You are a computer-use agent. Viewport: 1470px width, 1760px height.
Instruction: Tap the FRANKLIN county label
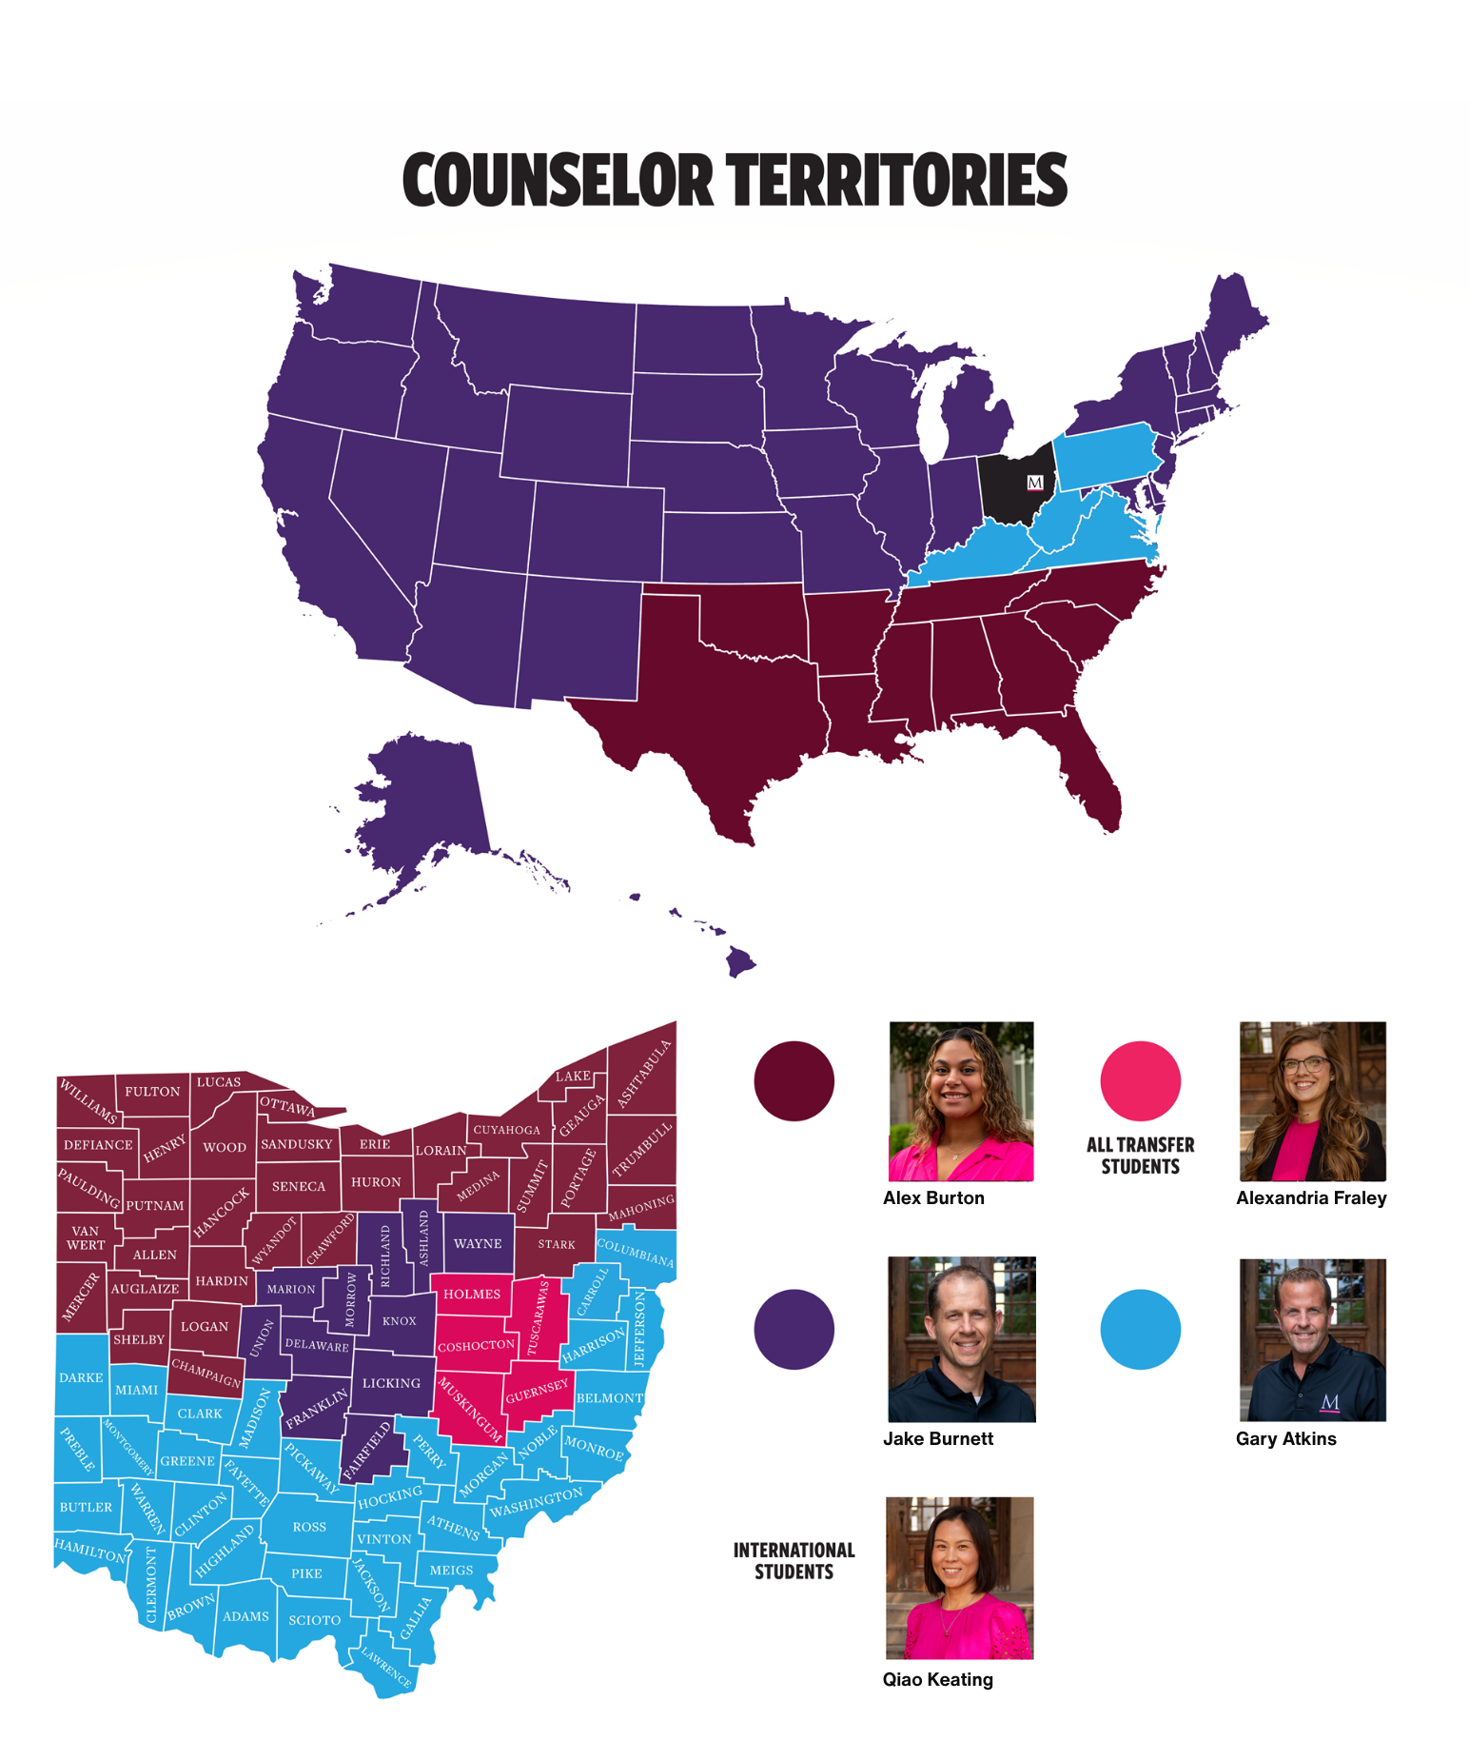click(x=317, y=1408)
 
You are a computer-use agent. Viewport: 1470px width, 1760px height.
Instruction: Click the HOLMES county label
click(x=472, y=1294)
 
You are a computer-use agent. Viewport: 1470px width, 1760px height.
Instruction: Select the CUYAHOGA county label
click(x=507, y=1130)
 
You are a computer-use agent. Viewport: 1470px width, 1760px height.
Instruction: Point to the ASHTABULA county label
click(x=644, y=1074)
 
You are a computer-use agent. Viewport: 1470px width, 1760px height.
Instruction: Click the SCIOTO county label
click(x=314, y=1619)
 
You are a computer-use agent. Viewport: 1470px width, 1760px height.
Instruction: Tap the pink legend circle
click(x=1140, y=1081)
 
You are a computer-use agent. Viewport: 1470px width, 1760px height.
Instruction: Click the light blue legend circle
click(x=1140, y=1329)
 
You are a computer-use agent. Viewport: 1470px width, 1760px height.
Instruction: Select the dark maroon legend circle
click(x=794, y=1081)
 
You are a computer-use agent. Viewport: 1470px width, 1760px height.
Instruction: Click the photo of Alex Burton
click(x=961, y=1101)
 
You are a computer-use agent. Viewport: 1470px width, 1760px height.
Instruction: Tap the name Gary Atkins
click(x=1285, y=1438)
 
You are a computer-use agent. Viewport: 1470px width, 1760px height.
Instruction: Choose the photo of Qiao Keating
click(x=959, y=1577)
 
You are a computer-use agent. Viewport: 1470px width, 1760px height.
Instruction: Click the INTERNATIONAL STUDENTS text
click(x=794, y=1561)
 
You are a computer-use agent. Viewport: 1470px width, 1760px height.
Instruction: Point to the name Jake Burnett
click(x=937, y=1438)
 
